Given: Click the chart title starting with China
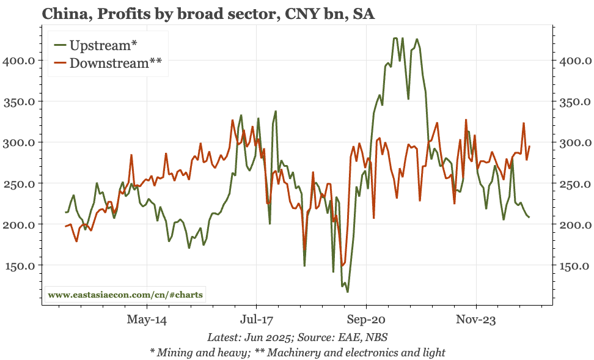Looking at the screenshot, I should click(x=208, y=13).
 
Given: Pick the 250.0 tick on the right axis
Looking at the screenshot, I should click(x=575, y=184).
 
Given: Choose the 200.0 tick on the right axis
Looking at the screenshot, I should click(x=575, y=225).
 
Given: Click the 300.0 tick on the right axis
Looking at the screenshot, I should click(x=575, y=143).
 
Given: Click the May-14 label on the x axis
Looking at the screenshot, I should click(x=147, y=320).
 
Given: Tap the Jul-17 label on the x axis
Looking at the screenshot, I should click(x=256, y=320).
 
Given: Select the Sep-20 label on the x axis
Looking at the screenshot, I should click(x=365, y=320).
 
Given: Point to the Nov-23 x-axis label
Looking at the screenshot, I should click(x=475, y=320).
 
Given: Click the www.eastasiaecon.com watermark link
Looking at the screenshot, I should click(x=126, y=295).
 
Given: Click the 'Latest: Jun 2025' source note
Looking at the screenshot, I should click(x=297, y=337).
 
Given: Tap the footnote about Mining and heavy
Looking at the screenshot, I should click(x=297, y=352).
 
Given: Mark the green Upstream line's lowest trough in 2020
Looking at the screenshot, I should click(x=348, y=292).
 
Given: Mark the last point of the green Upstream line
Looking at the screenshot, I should click(x=529, y=217).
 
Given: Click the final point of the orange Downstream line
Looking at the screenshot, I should click(x=529, y=146).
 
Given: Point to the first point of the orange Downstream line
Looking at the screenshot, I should click(x=65, y=227).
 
